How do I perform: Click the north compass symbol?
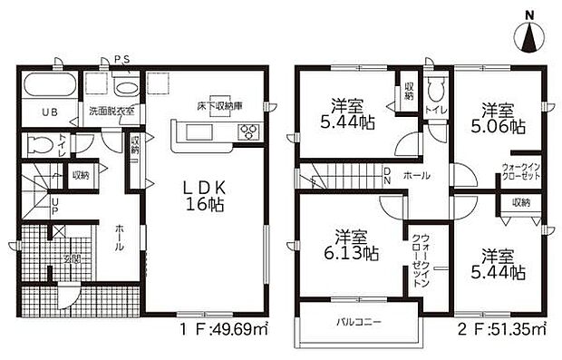(x=529, y=36)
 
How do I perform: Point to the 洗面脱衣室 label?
(x=111, y=112)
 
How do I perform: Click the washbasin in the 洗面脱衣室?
(x=127, y=88)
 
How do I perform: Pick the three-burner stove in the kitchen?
(x=247, y=133)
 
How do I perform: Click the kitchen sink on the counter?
(x=199, y=133)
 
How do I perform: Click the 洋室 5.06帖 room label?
(x=498, y=118)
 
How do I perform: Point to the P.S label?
(x=122, y=60)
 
